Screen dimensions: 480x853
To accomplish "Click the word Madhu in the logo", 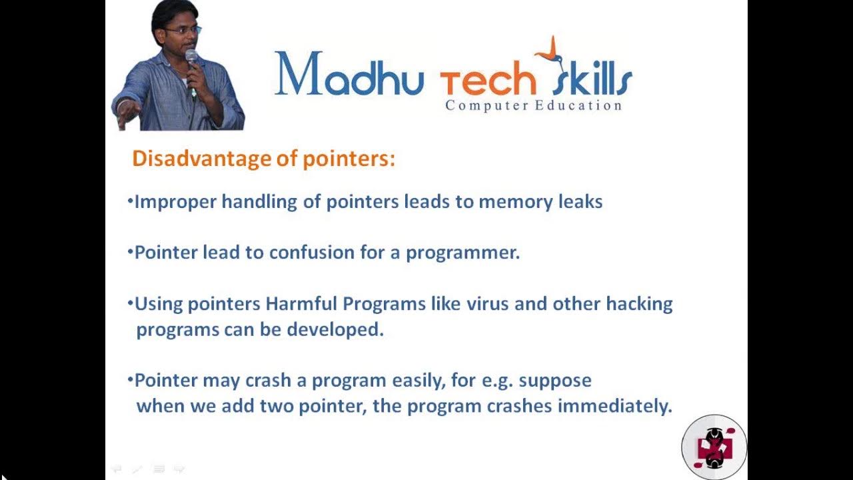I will pyautogui.click(x=349, y=75).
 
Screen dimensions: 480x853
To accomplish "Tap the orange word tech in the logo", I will pyautogui.click(x=488, y=82).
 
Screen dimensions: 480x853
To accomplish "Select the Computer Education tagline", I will pyautogui.click(x=533, y=105).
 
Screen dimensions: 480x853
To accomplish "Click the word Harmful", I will pyautogui.click(x=301, y=304).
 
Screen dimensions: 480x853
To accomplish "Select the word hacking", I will pyautogui.click(x=639, y=305).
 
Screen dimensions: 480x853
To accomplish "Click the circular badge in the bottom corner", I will pyautogui.click(x=714, y=447).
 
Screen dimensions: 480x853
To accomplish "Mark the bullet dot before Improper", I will pyautogui.click(x=130, y=200).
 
